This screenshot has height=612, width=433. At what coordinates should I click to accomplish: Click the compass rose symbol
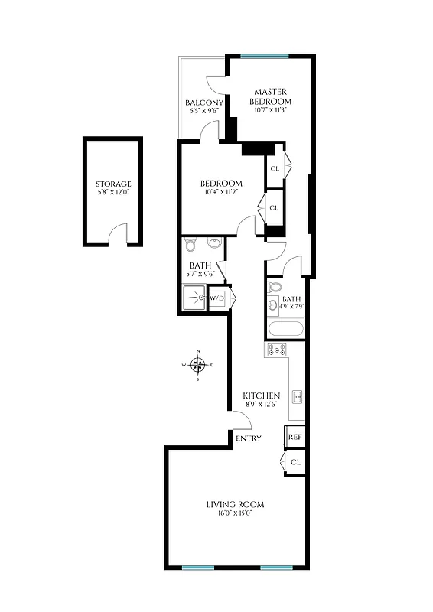click(197, 365)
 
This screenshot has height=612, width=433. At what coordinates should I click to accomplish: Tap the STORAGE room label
click(113, 184)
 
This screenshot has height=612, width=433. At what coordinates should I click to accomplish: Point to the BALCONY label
click(204, 103)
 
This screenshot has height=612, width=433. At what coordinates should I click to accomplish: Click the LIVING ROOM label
click(235, 504)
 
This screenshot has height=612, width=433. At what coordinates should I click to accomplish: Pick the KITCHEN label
click(261, 396)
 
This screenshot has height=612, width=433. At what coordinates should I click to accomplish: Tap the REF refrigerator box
click(295, 437)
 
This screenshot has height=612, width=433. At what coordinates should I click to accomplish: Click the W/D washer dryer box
click(217, 298)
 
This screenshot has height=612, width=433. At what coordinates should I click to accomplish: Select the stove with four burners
click(276, 351)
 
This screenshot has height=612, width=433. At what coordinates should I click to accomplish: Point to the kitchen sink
click(298, 396)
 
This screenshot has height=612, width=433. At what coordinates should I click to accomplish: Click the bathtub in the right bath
click(285, 330)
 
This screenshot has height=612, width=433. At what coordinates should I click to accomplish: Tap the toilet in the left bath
click(191, 246)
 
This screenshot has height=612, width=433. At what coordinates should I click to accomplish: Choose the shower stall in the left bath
click(194, 298)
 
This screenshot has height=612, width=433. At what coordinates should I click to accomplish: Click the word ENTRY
click(249, 438)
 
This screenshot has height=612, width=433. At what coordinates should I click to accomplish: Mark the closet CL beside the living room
click(295, 463)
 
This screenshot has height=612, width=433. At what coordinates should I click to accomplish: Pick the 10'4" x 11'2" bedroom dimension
click(221, 193)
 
